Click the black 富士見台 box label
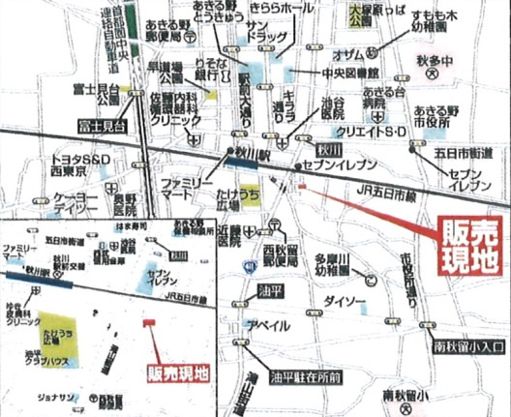(x=103, y=125)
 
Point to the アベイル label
(x=262, y=324)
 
